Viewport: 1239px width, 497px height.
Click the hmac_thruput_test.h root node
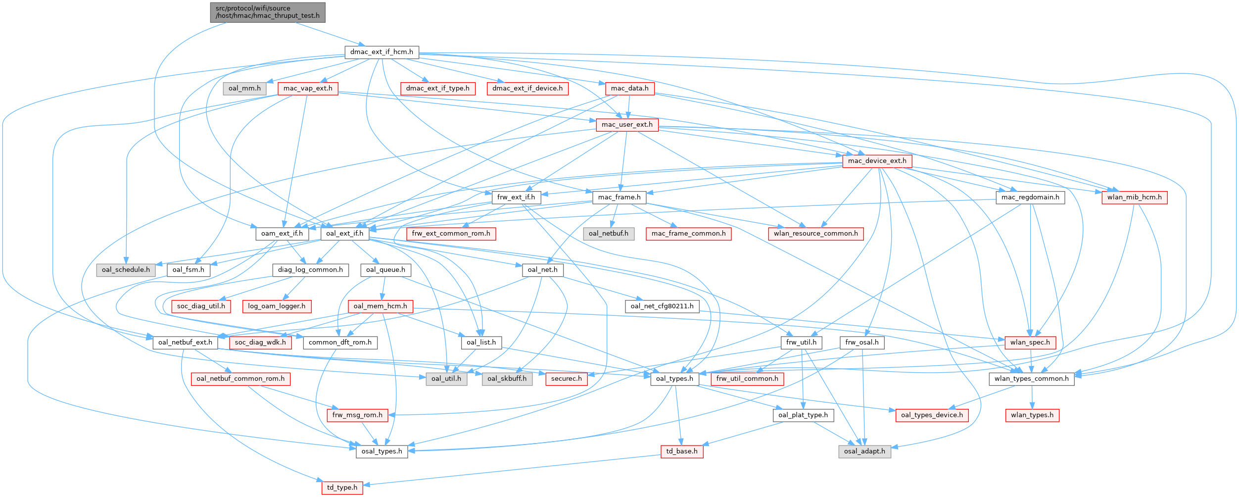pos(268,12)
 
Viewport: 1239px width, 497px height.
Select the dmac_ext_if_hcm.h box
pos(381,52)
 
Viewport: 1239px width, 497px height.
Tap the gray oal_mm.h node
pos(244,89)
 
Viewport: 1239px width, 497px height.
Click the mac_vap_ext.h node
pos(308,89)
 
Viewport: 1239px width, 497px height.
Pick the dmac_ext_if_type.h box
pos(438,89)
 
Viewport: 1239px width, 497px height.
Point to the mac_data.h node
pos(629,89)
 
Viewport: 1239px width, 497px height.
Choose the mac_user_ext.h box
pos(627,125)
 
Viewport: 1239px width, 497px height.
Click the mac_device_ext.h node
pos(877,161)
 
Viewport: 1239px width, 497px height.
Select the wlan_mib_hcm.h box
pos(1134,197)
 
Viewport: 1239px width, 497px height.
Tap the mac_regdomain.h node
pos(1030,197)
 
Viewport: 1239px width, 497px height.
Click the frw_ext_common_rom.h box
pos(451,234)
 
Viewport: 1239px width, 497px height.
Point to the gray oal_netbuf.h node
pos(608,234)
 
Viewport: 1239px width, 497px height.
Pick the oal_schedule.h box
pos(126,270)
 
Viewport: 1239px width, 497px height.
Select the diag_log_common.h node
pos(310,270)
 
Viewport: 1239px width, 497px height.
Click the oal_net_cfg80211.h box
pos(662,306)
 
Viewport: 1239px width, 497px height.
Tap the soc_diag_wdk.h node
pos(260,343)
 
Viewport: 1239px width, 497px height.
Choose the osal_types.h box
pos(381,451)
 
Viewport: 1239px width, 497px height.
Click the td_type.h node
pos(342,488)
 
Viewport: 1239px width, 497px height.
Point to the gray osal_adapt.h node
pos(864,451)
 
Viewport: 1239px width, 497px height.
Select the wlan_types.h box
pos(1032,415)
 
